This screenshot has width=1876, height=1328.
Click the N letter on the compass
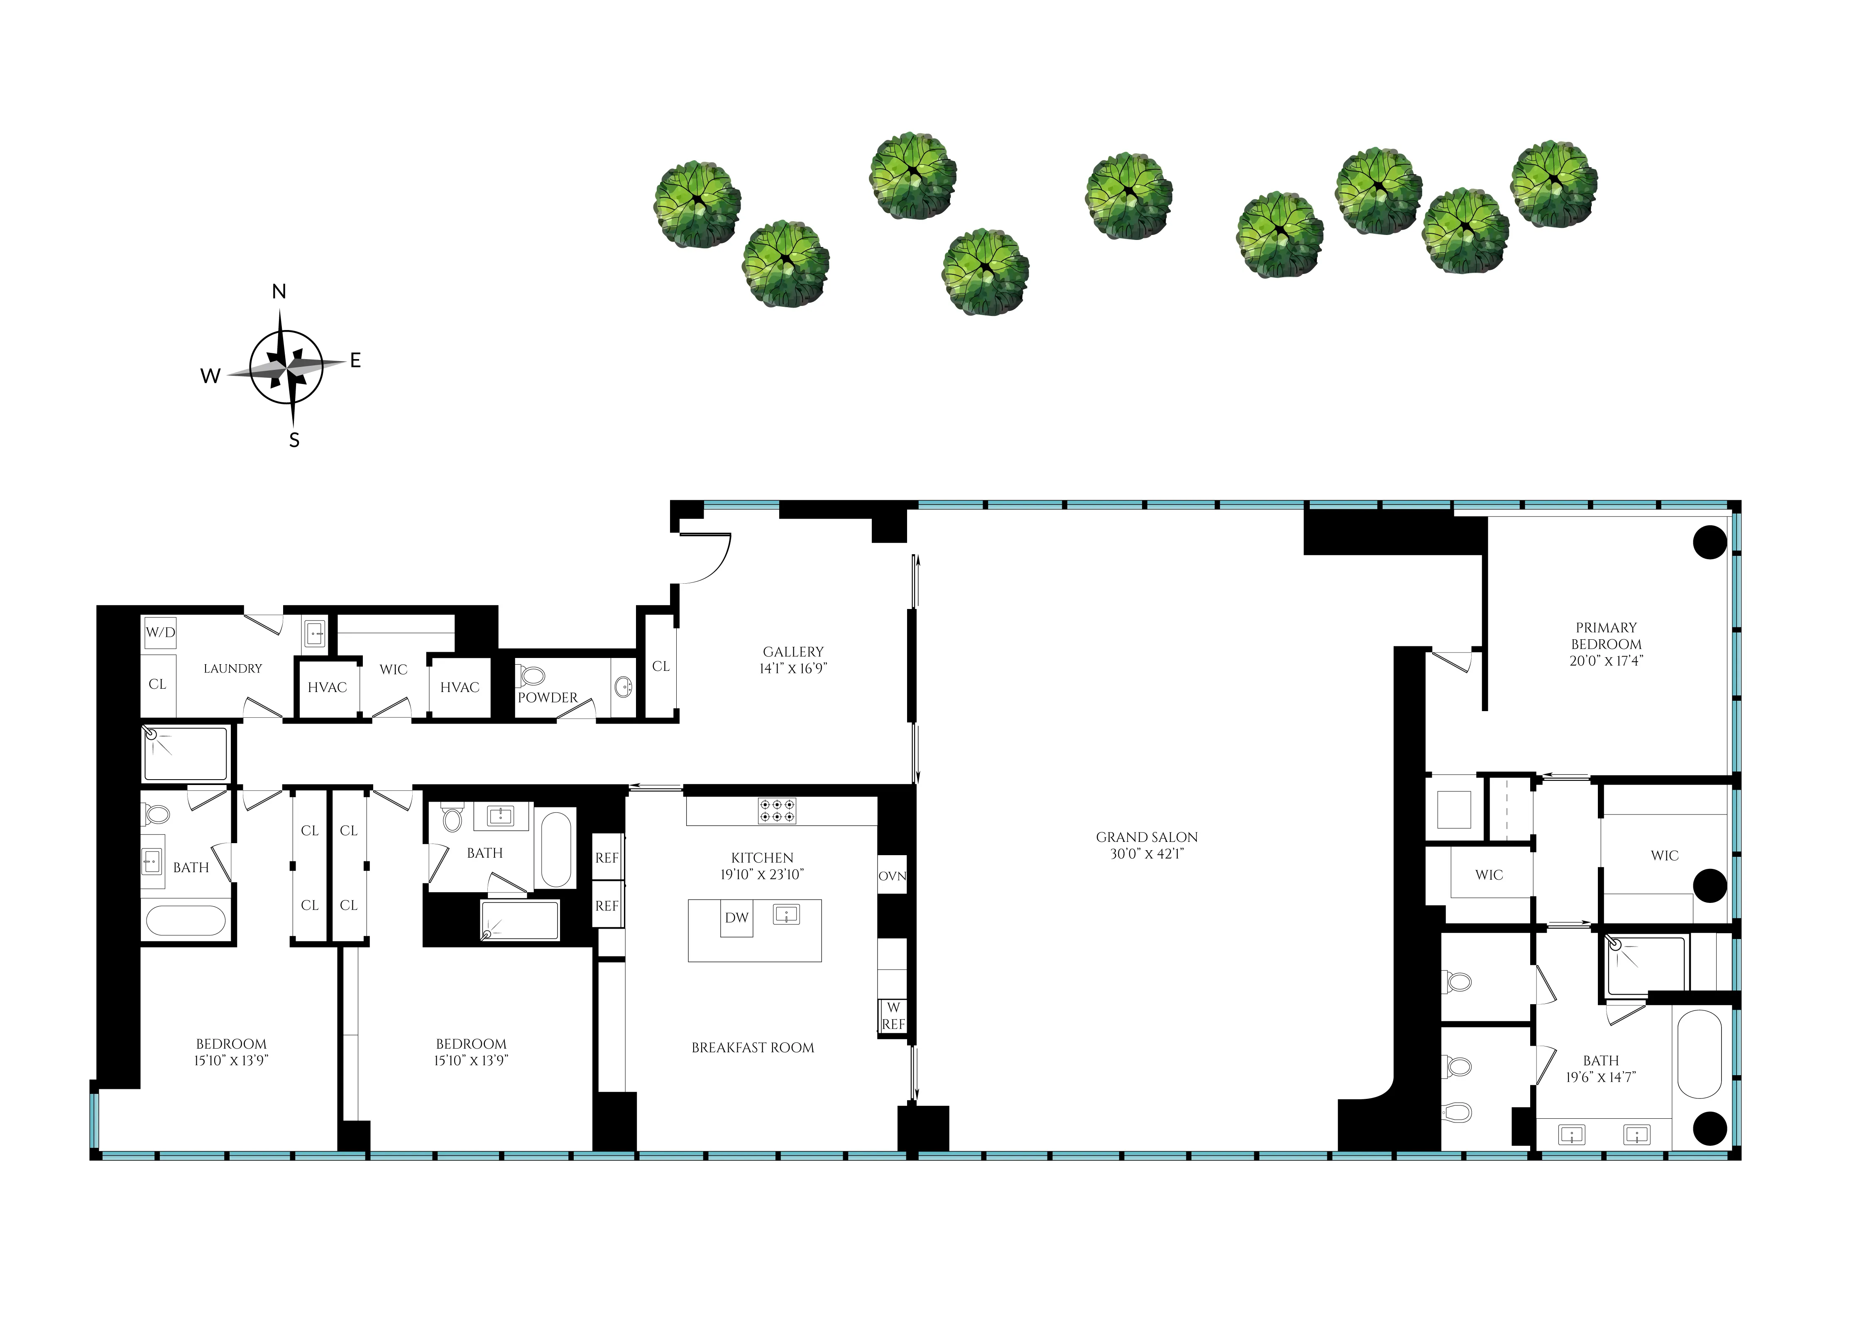(279, 292)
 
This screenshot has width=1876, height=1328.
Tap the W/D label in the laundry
(160, 632)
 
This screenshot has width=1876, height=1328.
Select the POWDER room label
(547, 697)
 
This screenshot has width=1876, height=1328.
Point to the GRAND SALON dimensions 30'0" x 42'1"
(1147, 854)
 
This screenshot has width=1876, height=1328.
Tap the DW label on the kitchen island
(736, 917)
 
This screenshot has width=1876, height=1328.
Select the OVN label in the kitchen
(892, 876)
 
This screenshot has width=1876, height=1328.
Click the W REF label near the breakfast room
(893, 1016)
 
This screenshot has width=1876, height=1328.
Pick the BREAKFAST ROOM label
(752, 1047)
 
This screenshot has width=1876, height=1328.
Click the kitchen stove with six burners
(776, 810)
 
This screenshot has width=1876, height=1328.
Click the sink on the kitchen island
(786, 914)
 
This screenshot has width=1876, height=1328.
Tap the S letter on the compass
(294, 440)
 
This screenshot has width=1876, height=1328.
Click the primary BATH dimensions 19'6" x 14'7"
(1600, 1077)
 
